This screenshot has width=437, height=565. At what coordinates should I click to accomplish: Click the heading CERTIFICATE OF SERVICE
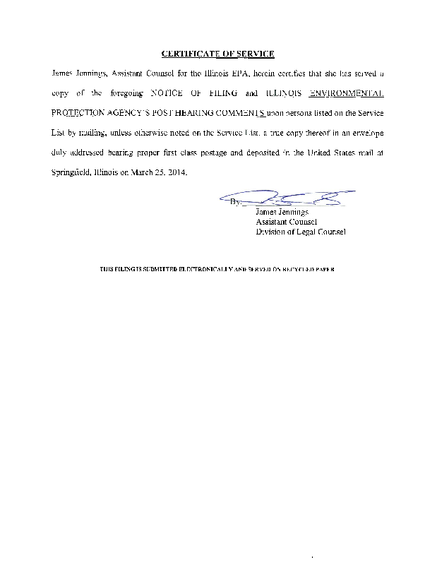click(x=217, y=54)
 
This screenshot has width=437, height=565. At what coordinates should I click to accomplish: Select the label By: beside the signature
click(x=235, y=203)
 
